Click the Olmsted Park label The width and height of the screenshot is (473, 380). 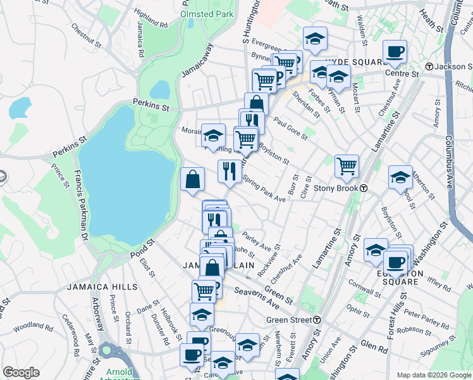[x=207, y=13]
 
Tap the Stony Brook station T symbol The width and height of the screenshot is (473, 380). [x=364, y=188]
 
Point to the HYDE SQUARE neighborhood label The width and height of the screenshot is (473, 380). [x=355, y=62]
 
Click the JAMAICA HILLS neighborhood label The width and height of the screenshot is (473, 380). [x=102, y=287]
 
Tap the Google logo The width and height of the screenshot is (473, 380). [x=21, y=372]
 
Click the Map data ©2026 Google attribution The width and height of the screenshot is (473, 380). [x=434, y=375]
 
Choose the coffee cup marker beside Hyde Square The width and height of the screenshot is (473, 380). [x=395, y=52]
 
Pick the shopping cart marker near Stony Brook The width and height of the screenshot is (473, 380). [x=347, y=167]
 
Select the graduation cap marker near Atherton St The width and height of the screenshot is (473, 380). [x=400, y=178]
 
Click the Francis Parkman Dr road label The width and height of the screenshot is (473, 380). [x=80, y=205]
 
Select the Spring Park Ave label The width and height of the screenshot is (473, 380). [x=264, y=189]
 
